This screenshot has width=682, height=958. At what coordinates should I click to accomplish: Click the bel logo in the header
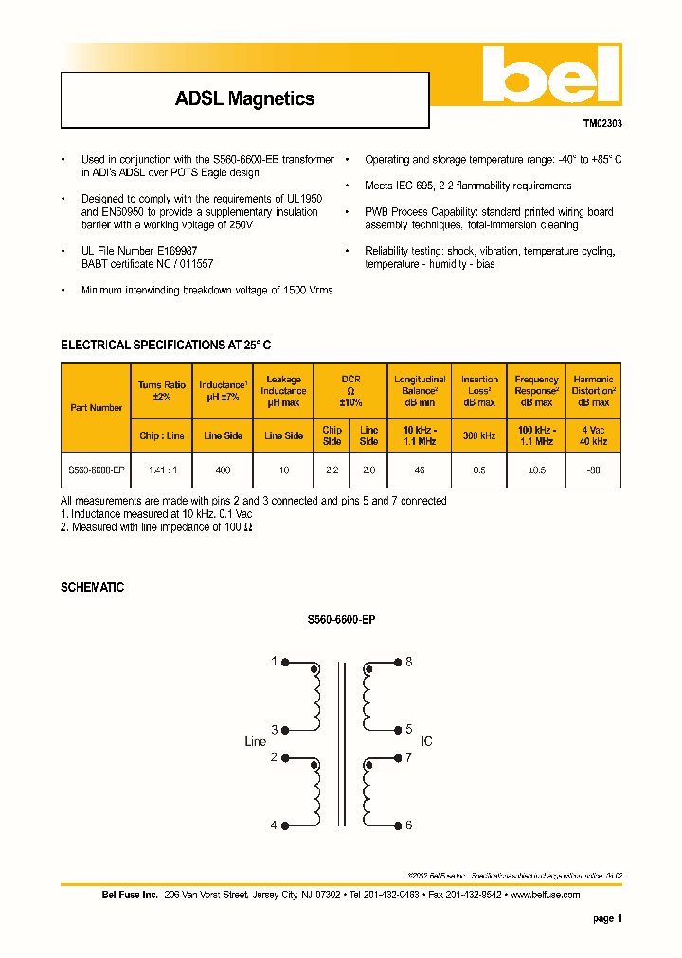[549, 76]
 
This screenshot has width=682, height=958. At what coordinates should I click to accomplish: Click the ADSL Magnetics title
[244, 98]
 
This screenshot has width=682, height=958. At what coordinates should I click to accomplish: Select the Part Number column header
[96, 408]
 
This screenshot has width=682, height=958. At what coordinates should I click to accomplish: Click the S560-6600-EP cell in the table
[96, 470]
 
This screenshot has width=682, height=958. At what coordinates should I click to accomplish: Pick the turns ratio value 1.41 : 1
[161, 470]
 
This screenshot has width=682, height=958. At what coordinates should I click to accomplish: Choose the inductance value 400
[223, 470]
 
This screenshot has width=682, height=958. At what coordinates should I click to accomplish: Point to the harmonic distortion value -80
[593, 470]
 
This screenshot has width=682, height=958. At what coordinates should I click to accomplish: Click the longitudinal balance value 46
[419, 470]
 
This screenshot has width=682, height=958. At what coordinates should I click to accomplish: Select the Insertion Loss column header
[479, 391]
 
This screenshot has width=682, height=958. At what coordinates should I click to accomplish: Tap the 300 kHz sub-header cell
[479, 436]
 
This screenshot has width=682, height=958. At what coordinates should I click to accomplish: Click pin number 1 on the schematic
[275, 662]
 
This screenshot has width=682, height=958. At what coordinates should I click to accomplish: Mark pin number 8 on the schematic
[409, 662]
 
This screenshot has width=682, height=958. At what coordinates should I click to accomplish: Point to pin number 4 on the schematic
[275, 825]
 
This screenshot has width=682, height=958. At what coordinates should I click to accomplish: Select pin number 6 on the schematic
[409, 825]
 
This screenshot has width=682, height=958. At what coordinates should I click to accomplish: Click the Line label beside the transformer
[256, 742]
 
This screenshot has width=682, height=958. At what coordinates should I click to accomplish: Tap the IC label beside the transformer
[426, 742]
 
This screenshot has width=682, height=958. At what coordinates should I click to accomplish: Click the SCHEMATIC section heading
[92, 588]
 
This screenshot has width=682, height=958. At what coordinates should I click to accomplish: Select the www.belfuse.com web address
[545, 895]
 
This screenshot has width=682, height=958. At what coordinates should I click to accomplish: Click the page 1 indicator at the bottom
[607, 919]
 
